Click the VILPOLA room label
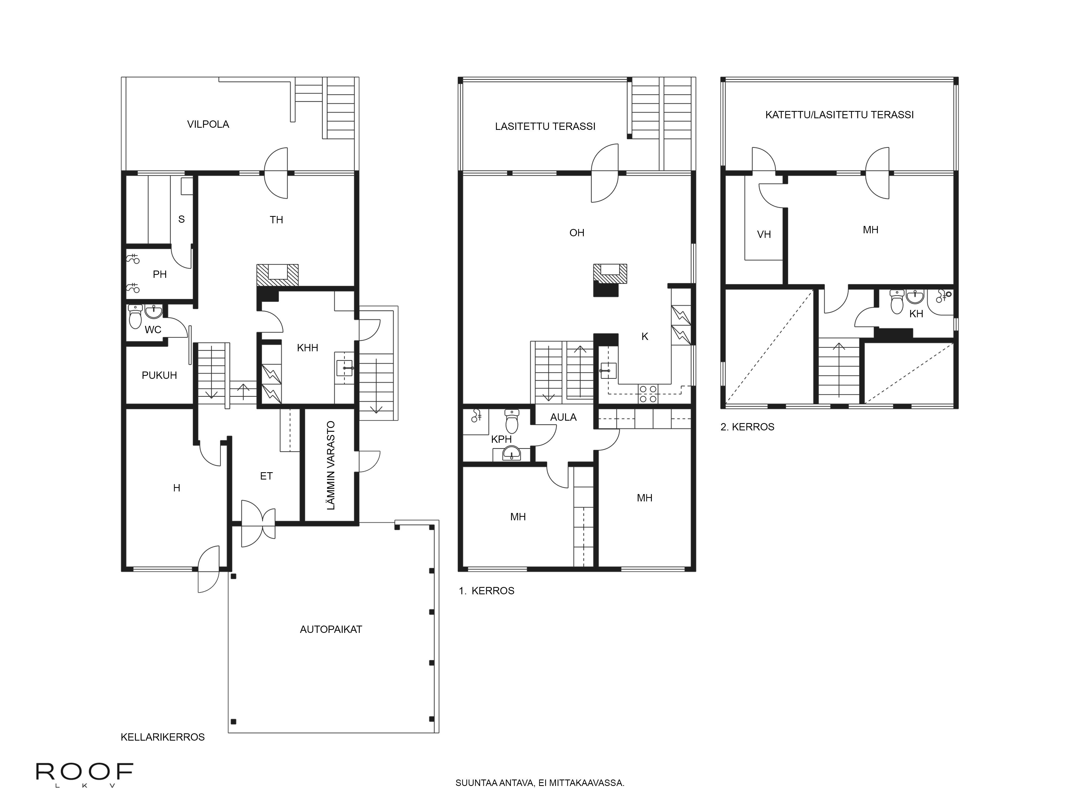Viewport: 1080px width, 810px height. (x=208, y=124)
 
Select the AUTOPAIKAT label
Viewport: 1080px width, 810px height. (x=331, y=629)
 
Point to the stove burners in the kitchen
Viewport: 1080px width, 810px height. (x=648, y=394)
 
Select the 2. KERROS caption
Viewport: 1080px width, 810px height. (x=748, y=427)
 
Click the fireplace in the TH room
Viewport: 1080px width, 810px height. (x=277, y=275)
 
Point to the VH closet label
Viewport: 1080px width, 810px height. (x=764, y=234)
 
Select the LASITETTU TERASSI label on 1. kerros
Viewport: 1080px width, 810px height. (x=545, y=126)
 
